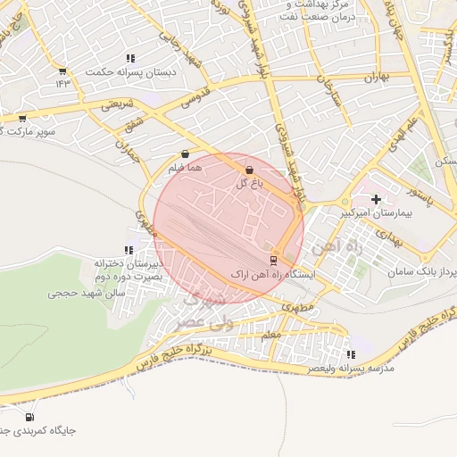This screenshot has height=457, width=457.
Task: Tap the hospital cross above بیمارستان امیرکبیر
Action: (x=376, y=200)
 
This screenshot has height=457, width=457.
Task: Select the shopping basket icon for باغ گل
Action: (x=248, y=170)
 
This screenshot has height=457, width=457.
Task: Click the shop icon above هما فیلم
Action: (x=185, y=154)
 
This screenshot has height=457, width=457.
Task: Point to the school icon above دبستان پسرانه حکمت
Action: (x=131, y=58)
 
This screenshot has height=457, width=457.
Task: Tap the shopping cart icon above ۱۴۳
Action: (x=62, y=71)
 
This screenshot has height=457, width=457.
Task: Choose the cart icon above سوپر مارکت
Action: (x=23, y=118)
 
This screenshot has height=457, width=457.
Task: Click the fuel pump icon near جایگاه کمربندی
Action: (x=30, y=416)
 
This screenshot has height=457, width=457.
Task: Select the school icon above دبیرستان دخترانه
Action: (x=129, y=251)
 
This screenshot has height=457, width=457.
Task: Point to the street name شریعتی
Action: (x=120, y=104)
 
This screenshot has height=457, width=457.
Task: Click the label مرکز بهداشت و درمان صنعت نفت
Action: (x=317, y=11)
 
